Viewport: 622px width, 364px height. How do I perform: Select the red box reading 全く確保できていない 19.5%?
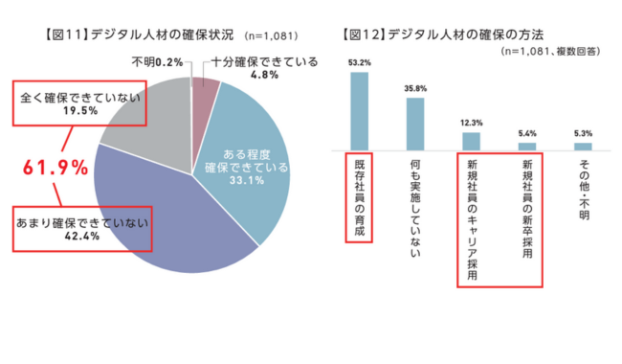click(80, 103)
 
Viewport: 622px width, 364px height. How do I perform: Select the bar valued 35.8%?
click(414, 124)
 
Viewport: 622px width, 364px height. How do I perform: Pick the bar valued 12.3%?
click(471, 141)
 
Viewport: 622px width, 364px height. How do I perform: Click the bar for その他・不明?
click(583, 146)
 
